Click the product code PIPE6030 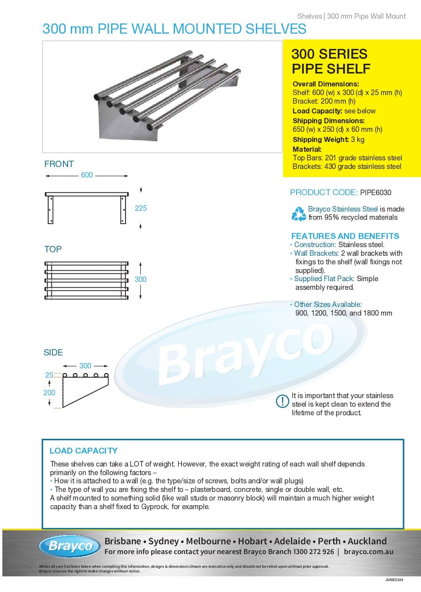375,192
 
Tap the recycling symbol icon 299,213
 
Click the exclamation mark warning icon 282,401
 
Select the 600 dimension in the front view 87,175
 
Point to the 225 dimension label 140,208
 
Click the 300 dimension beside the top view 140,279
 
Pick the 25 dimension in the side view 49,375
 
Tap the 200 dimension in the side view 49,393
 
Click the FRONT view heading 59,164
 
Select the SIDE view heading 53,352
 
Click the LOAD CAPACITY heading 83,450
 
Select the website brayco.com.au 369,552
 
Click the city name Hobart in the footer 253,541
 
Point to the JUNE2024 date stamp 394,579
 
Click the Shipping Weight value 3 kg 358,140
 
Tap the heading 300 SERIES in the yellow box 329,54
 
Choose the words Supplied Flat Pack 324,279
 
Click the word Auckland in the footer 367,541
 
